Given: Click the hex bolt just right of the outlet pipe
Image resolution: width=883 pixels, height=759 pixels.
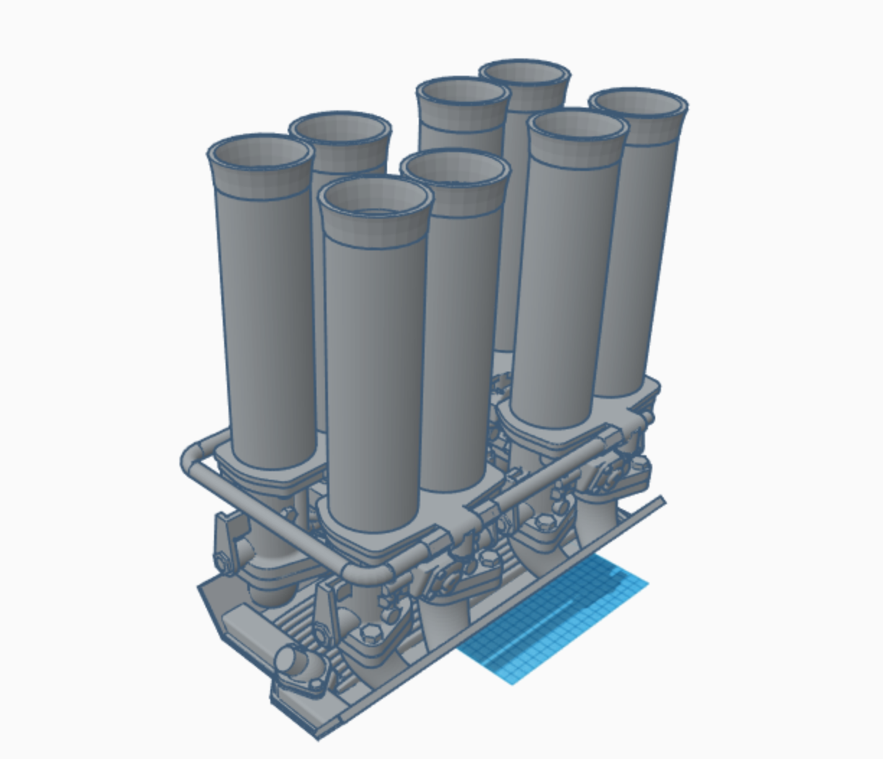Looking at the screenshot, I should pyautogui.click(x=370, y=634).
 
